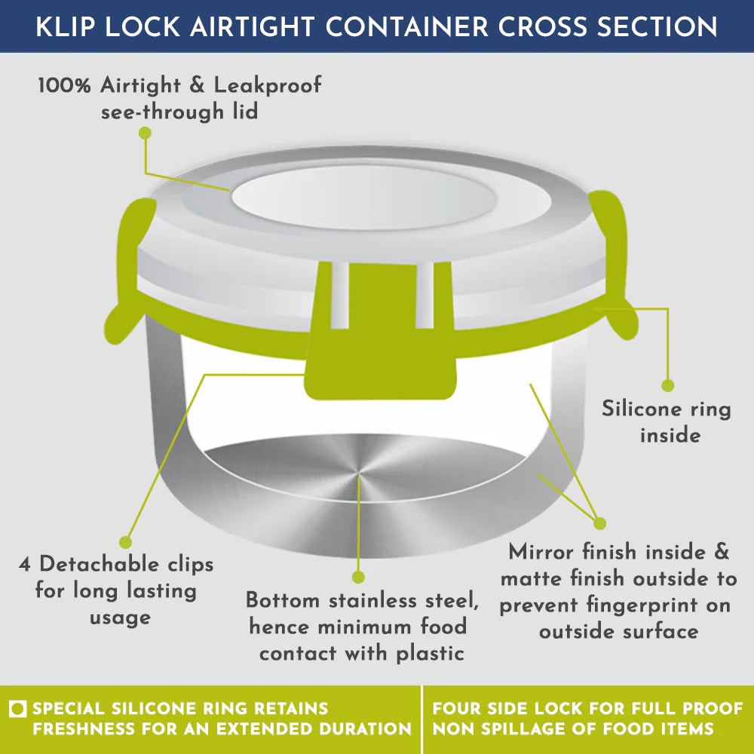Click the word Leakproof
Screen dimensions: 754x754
(x=268, y=85)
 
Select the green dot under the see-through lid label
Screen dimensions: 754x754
(x=145, y=133)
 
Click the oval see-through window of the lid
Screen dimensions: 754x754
(x=365, y=198)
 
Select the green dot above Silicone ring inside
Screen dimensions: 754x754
(x=667, y=385)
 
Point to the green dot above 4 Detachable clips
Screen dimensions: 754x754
(x=126, y=541)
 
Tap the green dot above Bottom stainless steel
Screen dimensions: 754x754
(x=358, y=577)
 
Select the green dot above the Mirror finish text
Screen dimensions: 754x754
(x=599, y=523)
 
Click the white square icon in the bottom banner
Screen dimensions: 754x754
(x=19, y=710)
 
